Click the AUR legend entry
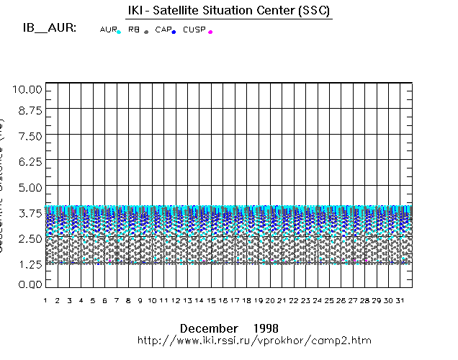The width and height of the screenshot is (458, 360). click(109, 30)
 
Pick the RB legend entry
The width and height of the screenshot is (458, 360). click(135, 30)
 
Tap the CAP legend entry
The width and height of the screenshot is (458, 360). click(163, 30)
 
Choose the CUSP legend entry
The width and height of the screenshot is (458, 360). click(196, 30)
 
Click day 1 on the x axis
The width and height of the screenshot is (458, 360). click(45, 300)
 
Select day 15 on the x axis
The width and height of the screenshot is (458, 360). click(211, 300)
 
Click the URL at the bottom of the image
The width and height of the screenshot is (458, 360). click(254, 340)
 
